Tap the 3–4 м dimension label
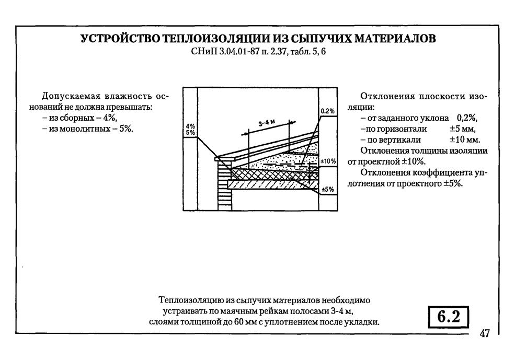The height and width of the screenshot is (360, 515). click(x=267, y=123)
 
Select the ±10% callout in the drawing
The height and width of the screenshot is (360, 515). click(x=328, y=161)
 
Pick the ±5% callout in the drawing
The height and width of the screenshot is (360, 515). click(x=328, y=189)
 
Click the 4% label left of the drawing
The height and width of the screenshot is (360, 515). click(x=190, y=126)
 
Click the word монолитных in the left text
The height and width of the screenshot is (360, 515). click(x=81, y=129)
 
